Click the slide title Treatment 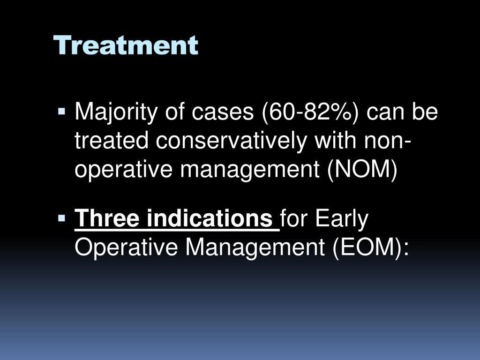126,45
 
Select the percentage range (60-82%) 310,112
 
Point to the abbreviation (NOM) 362,170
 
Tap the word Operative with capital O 126,247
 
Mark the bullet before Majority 61,111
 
